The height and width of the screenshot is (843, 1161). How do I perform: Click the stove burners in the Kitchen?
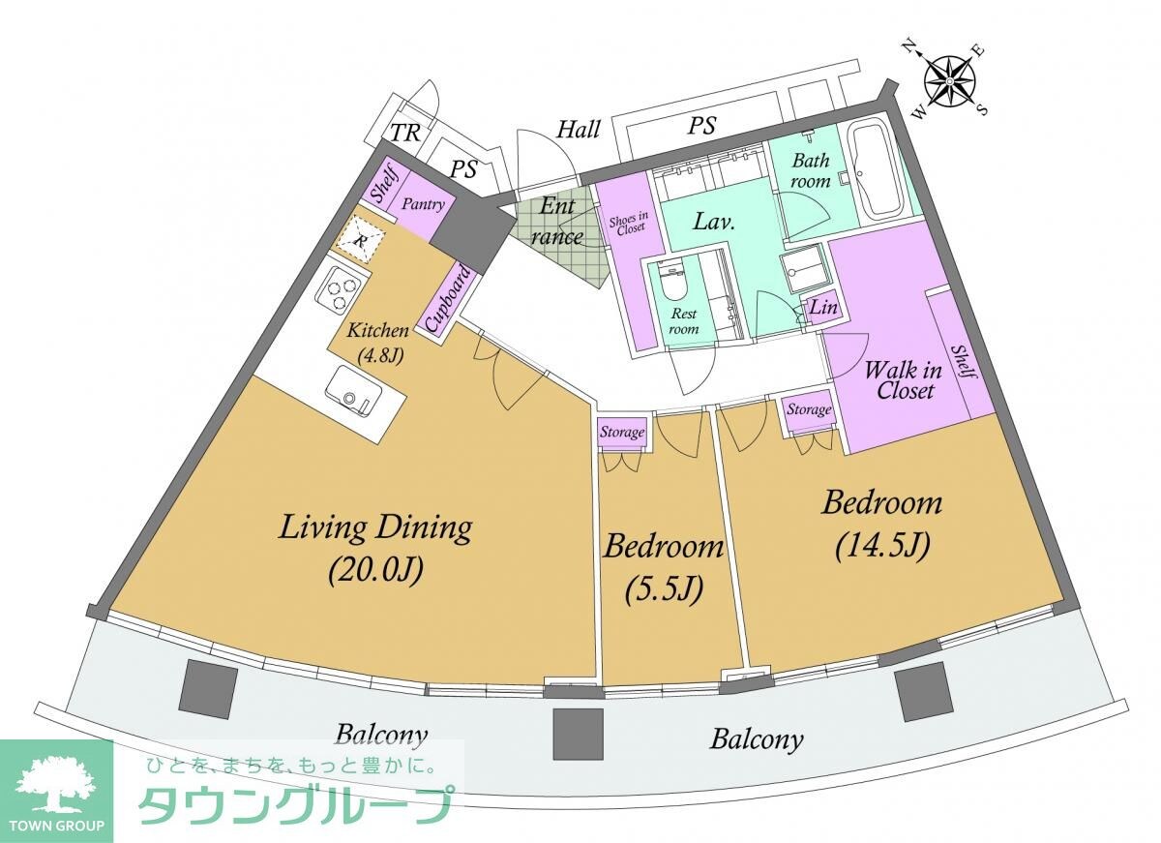coord(342,289)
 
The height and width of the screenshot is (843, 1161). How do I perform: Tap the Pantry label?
coord(424,204)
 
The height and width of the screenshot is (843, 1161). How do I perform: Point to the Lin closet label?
coord(822,309)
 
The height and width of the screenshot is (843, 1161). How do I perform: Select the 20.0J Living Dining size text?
coord(375,569)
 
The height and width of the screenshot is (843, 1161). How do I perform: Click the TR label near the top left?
coord(404,134)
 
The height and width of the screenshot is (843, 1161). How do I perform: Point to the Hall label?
coord(579,129)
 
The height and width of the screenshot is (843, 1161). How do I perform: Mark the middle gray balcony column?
coord(578,733)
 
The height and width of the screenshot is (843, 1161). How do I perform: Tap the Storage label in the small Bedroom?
coord(621,433)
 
